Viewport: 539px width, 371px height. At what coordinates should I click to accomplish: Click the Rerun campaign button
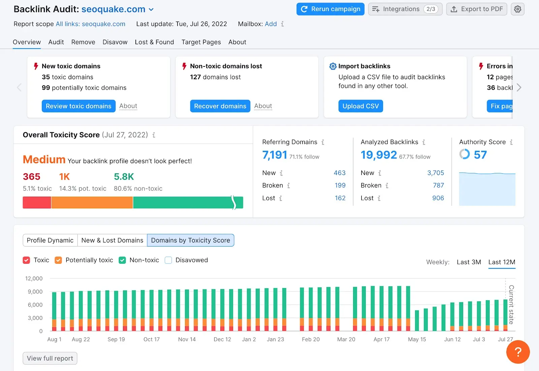[x=330, y=9]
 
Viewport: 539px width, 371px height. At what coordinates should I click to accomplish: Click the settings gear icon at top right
[x=517, y=9]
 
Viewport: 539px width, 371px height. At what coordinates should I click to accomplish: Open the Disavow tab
[x=115, y=42]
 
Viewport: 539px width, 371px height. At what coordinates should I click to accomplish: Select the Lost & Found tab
[x=154, y=42]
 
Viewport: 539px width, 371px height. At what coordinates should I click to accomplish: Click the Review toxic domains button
[x=78, y=106]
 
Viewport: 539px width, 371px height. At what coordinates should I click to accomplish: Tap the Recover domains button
[x=220, y=106]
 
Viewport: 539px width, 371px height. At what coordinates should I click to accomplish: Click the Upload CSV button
[x=360, y=106]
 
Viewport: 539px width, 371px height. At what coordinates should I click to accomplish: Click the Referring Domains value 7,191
[x=275, y=155]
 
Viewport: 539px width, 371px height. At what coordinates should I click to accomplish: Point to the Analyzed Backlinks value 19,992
[x=379, y=155]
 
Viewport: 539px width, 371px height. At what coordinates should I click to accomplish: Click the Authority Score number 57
[x=480, y=155]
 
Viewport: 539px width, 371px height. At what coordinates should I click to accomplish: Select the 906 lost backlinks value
[x=438, y=198]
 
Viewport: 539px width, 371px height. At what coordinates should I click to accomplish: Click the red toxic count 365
[x=32, y=177]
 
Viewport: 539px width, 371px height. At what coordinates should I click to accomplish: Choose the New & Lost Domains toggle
[x=112, y=240]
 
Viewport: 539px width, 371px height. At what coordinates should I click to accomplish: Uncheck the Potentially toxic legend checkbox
[x=58, y=260]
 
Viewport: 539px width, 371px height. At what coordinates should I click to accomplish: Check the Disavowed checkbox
[x=168, y=260]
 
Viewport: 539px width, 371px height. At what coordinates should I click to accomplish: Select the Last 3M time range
[x=469, y=262]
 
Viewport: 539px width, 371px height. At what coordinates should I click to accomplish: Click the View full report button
[x=50, y=358]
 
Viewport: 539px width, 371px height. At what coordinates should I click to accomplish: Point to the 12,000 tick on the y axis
[x=34, y=279]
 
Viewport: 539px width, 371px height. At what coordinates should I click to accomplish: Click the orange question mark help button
[x=518, y=352]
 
